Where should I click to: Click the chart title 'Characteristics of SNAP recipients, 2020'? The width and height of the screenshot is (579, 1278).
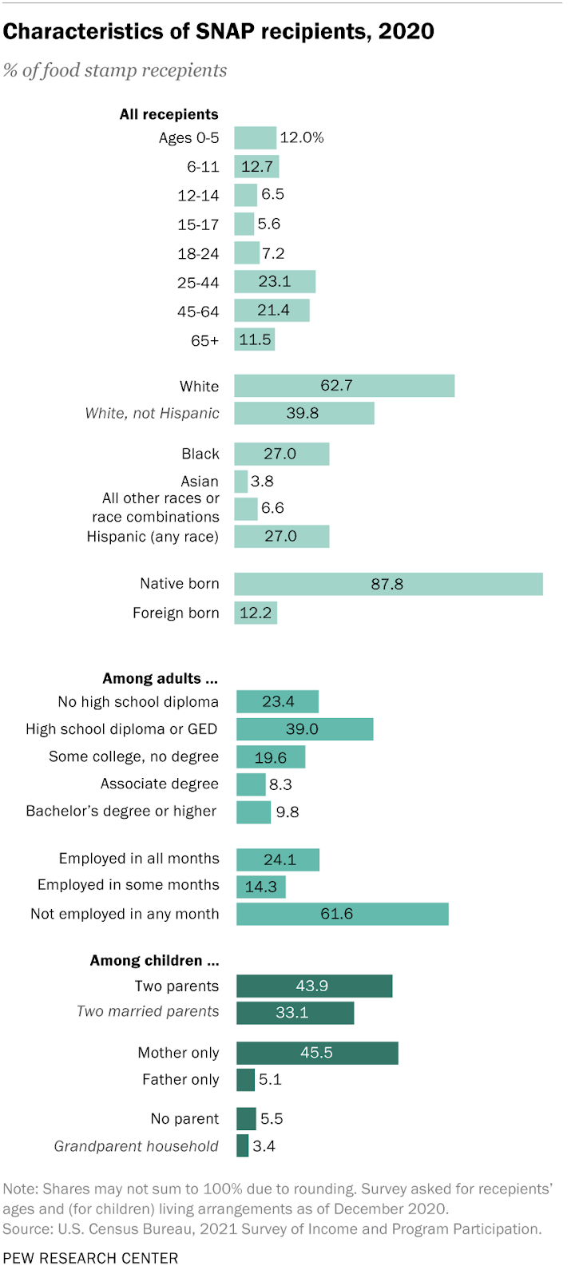(x=219, y=32)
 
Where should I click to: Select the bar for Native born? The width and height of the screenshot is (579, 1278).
(x=388, y=584)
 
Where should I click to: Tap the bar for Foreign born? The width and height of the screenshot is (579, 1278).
(x=256, y=613)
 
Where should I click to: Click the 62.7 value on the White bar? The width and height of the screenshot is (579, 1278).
(x=336, y=386)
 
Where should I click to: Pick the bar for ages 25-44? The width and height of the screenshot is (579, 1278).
(x=275, y=282)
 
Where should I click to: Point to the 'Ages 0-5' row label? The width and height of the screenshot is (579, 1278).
(x=188, y=137)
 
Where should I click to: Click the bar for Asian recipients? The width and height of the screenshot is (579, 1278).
(x=240, y=481)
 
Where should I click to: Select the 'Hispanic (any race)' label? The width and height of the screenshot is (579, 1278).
(x=153, y=536)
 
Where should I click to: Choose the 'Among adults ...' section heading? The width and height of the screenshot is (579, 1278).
(x=160, y=678)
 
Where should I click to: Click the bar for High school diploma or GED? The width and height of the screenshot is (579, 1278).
(x=304, y=729)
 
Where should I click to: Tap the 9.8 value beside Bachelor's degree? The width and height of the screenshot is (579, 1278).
(x=288, y=812)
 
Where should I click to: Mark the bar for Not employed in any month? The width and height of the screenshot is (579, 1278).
(x=342, y=914)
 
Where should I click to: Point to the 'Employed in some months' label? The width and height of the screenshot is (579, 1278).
(x=129, y=885)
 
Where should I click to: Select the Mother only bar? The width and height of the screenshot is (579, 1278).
(x=317, y=1053)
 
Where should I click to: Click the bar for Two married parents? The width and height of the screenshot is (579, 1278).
(x=295, y=1013)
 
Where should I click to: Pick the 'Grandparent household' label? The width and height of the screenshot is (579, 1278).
(x=137, y=1146)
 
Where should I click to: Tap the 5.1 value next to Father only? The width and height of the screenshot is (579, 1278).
(x=270, y=1080)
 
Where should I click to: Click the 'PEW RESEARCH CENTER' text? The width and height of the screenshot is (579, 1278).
(x=90, y=1258)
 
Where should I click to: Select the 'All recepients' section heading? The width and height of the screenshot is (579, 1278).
(x=169, y=114)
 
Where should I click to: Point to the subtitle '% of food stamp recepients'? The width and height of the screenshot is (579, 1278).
(x=115, y=70)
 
